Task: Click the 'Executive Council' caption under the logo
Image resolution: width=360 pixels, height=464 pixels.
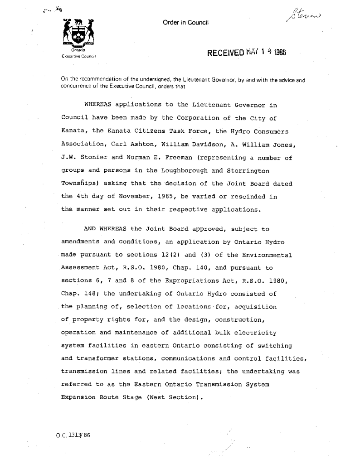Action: (x=76, y=56)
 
